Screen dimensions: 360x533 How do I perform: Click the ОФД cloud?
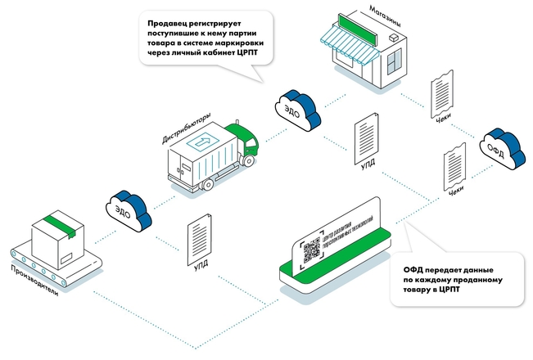tap(502, 146)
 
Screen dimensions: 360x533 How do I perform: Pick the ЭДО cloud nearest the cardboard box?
tap(127, 208)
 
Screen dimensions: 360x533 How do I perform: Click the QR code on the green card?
tap(312, 250)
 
